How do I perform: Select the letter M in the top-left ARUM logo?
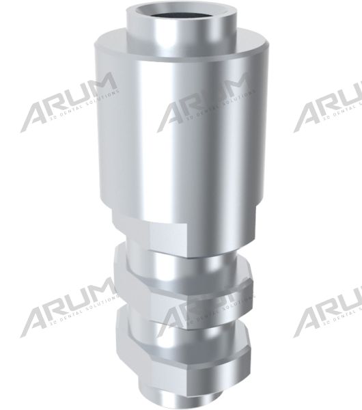[x=101, y=87]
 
